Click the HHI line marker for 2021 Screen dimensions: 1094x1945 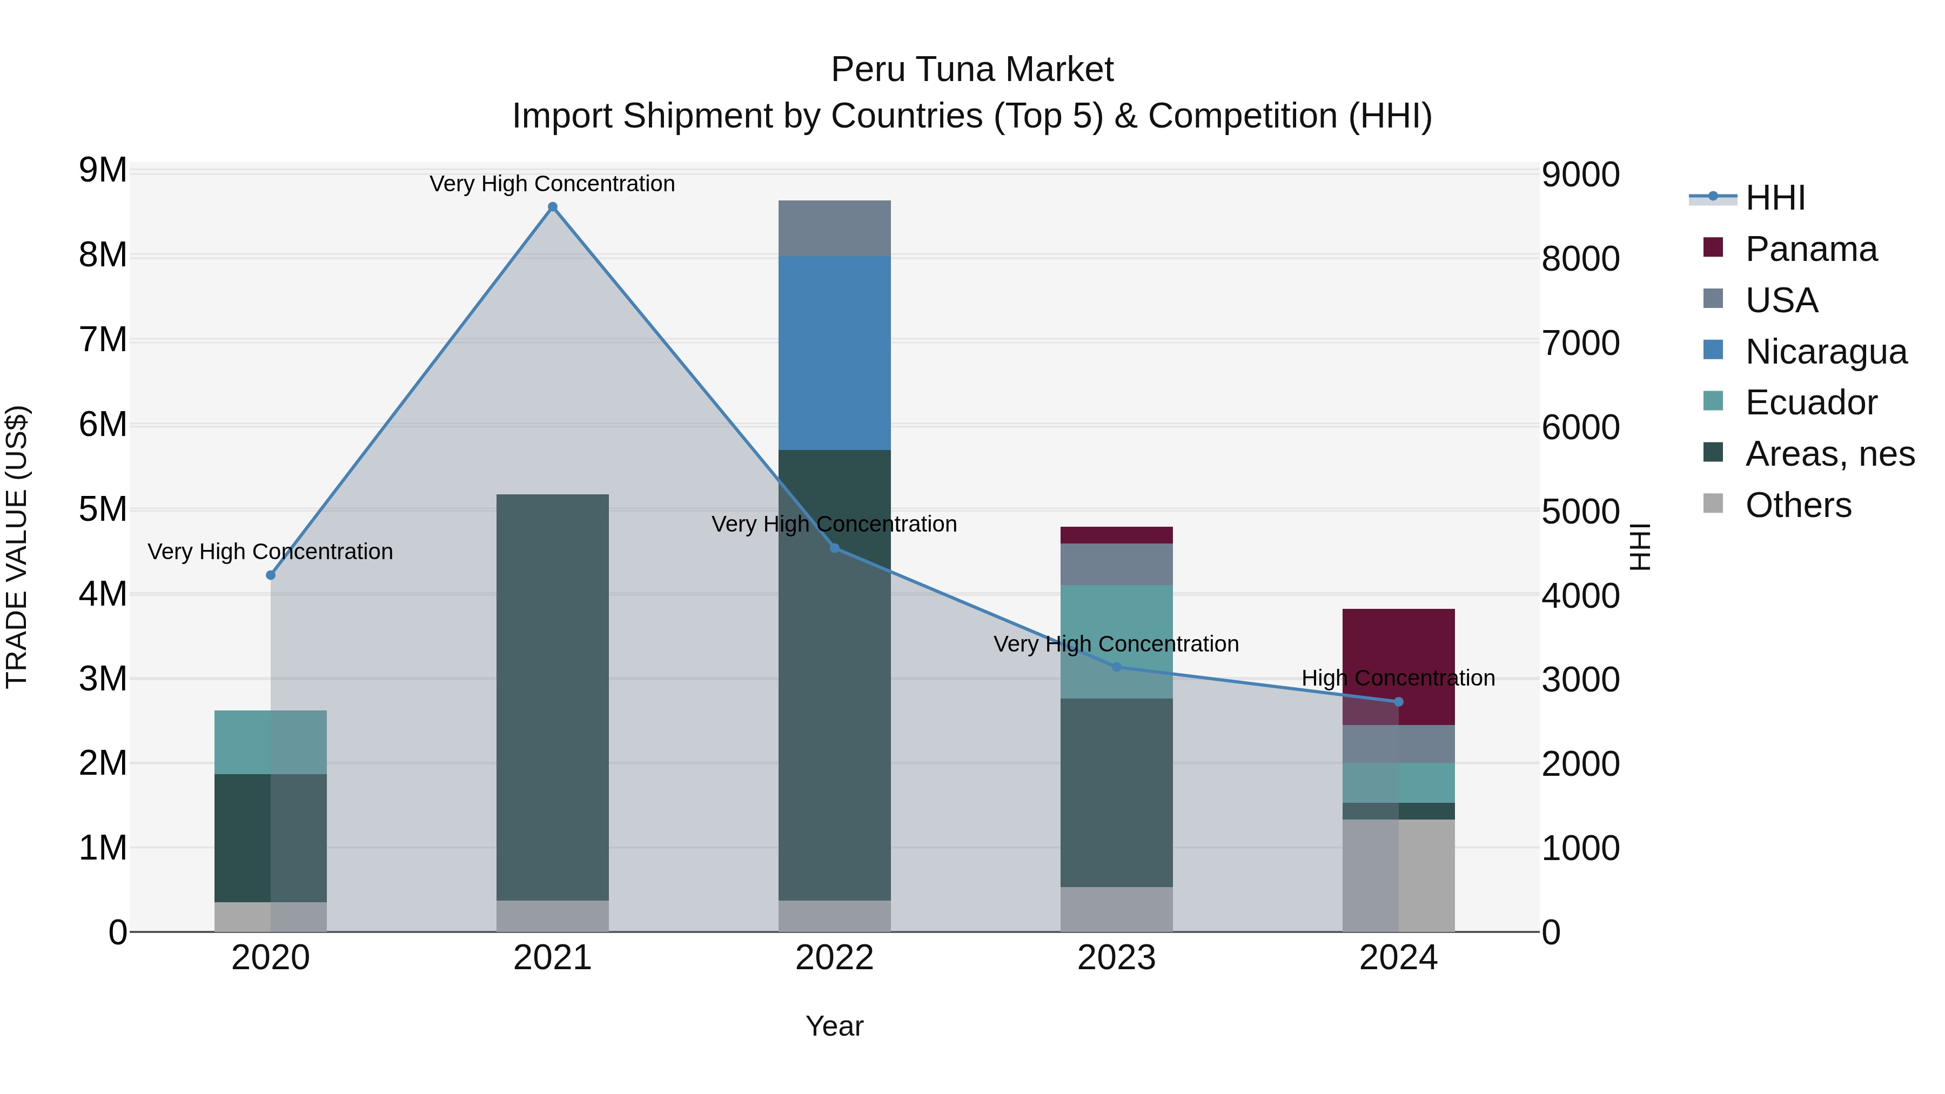(x=553, y=207)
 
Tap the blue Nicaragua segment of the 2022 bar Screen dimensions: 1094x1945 (x=834, y=353)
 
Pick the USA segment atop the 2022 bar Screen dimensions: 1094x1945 (x=834, y=228)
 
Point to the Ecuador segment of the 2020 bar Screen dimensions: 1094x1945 (x=270, y=742)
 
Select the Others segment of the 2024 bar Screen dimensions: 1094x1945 (x=1398, y=876)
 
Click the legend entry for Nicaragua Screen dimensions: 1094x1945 (x=1825, y=352)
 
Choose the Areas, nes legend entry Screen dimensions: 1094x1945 (x=1829, y=454)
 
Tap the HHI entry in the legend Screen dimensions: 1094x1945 (x=1774, y=198)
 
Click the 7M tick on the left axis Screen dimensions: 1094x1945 (x=103, y=340)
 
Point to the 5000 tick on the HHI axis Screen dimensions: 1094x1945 (x=1580, y=512)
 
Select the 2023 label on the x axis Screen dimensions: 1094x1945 (x=1116, y=958)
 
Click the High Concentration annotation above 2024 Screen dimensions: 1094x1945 (x=1398, y=678)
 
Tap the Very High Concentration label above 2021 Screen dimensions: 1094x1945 (x=552, y=184)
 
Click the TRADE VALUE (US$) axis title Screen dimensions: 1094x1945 (x=17, y=547)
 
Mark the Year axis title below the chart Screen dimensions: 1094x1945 (x=834, y=1026)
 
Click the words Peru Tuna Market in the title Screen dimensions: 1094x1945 (x=972, y=70)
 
